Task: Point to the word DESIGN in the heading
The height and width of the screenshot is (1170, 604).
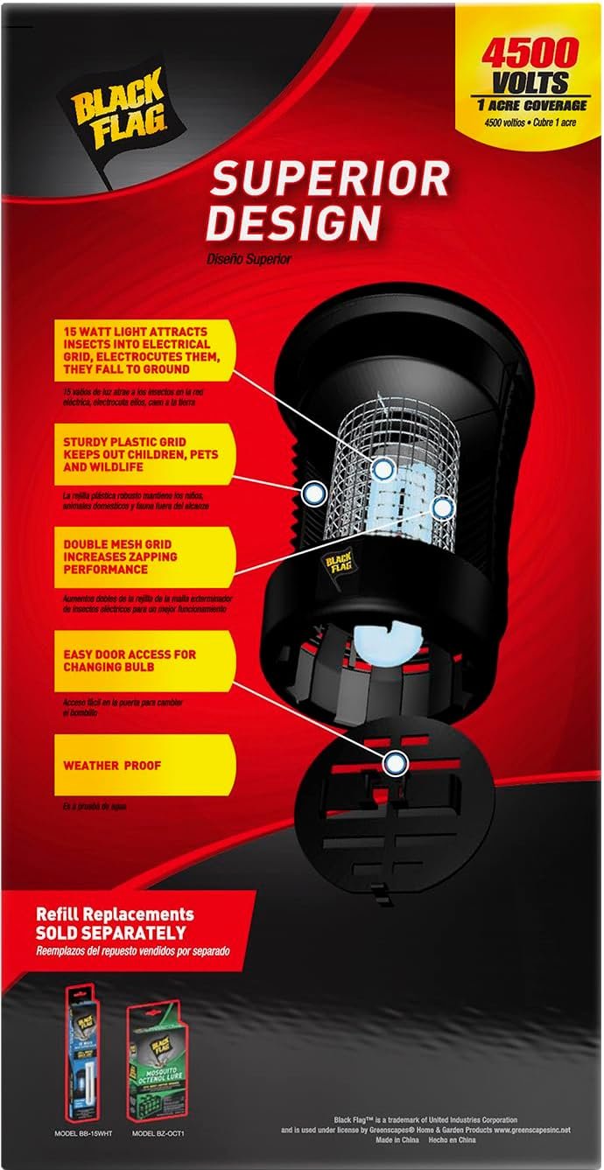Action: point(297,223)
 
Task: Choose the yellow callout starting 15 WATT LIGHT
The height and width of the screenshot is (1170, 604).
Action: point(144,350)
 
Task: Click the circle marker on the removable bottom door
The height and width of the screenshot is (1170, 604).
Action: point(396,764)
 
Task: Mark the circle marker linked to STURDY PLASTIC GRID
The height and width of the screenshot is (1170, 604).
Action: point(313,493)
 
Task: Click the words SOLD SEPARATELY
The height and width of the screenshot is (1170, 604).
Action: point(110,933)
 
